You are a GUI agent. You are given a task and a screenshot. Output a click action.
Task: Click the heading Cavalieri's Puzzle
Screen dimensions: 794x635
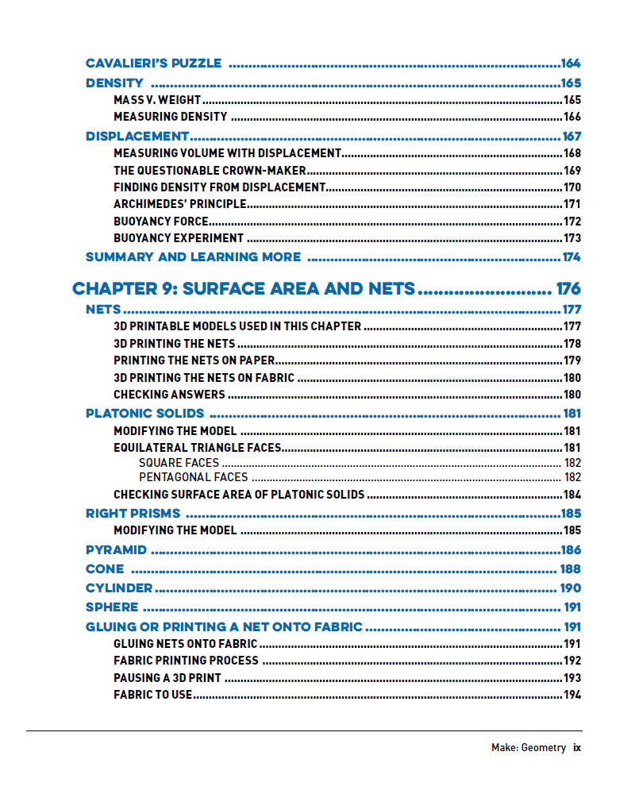point(153,64)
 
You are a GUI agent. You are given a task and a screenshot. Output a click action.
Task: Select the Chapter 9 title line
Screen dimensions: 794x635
point(244,288)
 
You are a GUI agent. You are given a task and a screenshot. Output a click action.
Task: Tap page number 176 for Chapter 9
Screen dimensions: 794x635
point(568,288)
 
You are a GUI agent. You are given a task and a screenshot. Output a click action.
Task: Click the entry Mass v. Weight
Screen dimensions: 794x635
point(157,100)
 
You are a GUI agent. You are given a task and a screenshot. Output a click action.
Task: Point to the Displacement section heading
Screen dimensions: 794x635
point(137,136)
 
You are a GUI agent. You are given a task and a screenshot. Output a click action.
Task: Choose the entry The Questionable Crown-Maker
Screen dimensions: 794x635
point(210,170)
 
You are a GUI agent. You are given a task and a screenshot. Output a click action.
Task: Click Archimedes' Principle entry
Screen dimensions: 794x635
point(179,204)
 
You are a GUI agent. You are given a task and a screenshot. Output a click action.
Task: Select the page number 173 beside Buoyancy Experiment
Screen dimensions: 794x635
point(571,237)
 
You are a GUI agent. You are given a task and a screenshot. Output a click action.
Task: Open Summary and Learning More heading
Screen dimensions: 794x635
point(193,256)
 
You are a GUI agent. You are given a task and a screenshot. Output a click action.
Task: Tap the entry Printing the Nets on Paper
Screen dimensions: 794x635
point(194,360)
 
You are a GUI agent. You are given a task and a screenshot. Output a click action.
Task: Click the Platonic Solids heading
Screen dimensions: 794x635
point(144,413)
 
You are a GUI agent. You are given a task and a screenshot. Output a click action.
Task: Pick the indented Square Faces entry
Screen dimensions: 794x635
point(179,462)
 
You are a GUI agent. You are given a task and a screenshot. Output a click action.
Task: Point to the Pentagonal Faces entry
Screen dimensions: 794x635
point(193,477)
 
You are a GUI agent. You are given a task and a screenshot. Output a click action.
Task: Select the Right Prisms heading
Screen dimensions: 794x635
point(133,513)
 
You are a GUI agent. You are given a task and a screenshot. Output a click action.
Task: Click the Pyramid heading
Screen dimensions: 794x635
point(116,549)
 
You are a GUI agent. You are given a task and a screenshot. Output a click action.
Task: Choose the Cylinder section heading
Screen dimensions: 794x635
point(119,588)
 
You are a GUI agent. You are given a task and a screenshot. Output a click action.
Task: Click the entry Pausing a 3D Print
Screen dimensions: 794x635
point(167,678)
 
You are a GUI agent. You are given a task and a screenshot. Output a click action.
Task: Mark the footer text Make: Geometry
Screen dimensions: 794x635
point(528,747)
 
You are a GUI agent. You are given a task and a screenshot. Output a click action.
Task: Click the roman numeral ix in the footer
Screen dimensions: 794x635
point(577,747)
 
